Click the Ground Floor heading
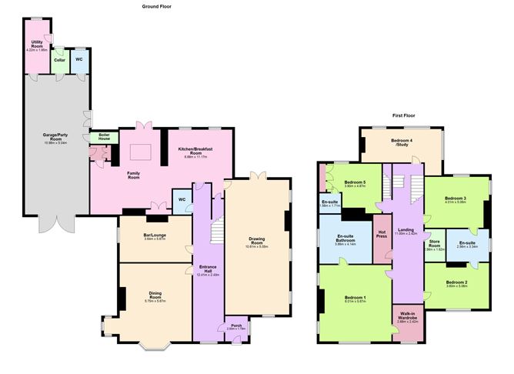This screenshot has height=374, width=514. point(156,6)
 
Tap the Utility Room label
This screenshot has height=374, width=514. point(37,45)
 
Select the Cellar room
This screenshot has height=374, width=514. point(59,59)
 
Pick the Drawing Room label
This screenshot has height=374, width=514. point(256,241)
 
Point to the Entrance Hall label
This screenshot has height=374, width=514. point(207,269)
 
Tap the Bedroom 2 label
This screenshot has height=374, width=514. point(456,285)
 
